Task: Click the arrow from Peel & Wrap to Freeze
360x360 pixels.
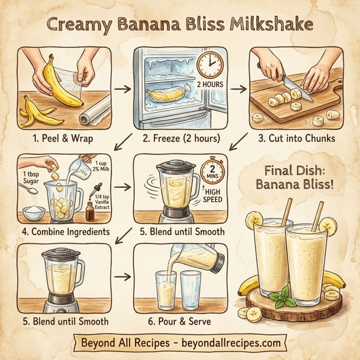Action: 122,89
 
